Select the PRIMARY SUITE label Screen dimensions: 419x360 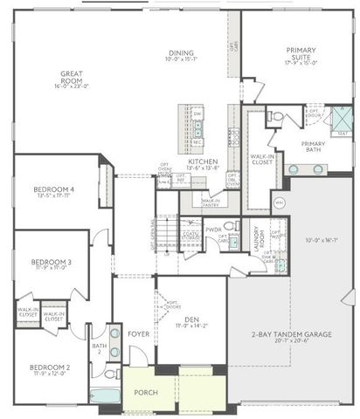(298, 55)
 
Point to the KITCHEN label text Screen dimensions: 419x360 (203, 161)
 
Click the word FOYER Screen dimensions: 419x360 (138, 333)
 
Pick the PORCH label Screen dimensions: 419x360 (145, 392)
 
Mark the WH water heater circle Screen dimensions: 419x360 (280, 203)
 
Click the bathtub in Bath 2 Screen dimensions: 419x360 (105, 395)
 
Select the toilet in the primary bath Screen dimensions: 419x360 (275, 115)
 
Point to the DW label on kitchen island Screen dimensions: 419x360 (197, 114)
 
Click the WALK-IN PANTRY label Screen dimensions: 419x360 (211, 202)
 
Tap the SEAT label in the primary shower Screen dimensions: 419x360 (342, 133)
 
